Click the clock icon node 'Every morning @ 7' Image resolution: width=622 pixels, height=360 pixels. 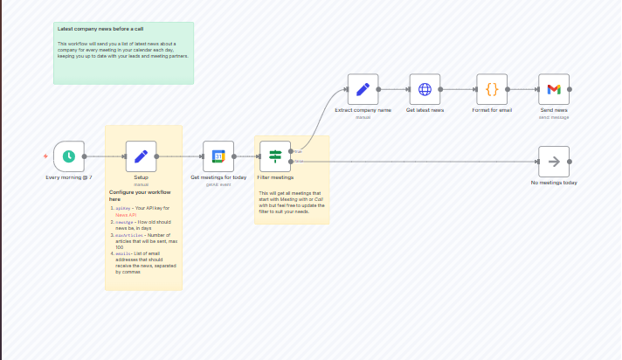click(68, 156)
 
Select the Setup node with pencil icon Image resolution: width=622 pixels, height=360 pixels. click(141, 156)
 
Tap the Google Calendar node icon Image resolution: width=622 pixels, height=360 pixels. click(219, 156)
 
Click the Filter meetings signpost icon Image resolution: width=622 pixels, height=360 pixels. click(275, 156)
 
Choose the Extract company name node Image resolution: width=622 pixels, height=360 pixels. click(363, 89)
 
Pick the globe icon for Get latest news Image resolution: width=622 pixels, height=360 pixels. click(425, 89)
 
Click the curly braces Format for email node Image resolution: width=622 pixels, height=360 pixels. click(492, 89)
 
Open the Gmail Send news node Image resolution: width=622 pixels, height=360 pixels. click(554, 89)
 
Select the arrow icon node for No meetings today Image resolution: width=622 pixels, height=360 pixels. click(554, 161)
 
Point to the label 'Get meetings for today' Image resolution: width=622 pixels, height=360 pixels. click(219, 177)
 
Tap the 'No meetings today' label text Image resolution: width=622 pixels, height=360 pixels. click(554, 183)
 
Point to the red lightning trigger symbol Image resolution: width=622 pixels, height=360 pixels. click(45, 156)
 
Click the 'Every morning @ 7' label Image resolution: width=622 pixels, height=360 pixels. click(68, 177)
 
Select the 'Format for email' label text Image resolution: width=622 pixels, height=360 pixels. click(492, 111)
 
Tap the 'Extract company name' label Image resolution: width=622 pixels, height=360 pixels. click(363, 111)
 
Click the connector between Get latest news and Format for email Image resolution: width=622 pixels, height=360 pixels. click(459, 89)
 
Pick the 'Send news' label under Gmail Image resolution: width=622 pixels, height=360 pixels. click(554, 111)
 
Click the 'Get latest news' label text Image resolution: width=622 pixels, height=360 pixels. click(425, 111)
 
